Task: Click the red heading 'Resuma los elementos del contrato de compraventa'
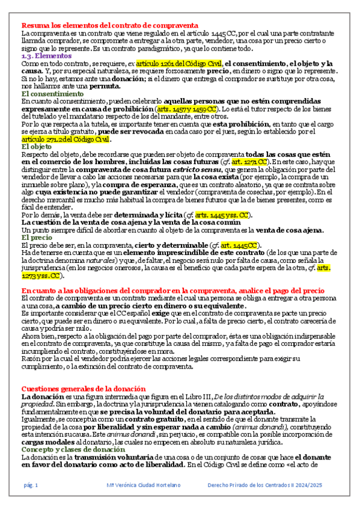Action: coord(110,25)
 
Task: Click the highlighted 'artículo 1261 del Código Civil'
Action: coord(179,63)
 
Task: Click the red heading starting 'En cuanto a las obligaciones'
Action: coord(168,289)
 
